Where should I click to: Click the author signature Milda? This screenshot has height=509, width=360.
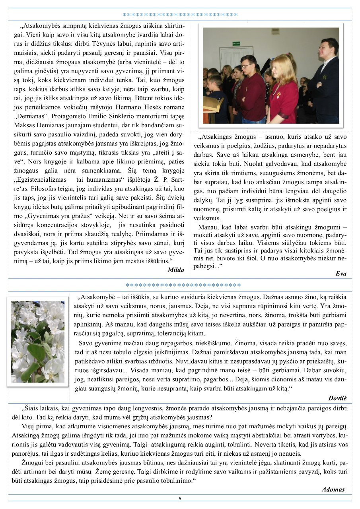point(176,270)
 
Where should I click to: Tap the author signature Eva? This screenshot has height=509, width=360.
point(341,274)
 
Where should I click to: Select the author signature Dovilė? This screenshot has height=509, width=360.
point(338,398)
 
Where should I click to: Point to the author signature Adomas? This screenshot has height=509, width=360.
point(333,490)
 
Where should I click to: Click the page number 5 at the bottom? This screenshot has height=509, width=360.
point(180,498)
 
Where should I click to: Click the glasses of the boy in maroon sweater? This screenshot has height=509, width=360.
point(247,66)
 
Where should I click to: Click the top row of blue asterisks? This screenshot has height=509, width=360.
point(180,15)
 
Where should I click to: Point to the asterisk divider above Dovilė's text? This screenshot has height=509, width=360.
point(183,286)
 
